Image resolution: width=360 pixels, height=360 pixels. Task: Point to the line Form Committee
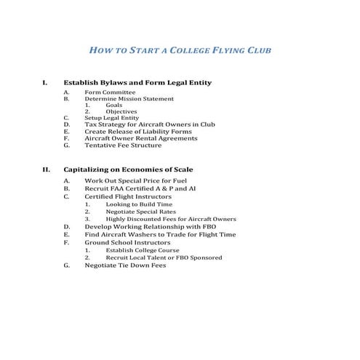point(110,92)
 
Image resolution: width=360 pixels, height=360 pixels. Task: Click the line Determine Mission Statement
point(129,99)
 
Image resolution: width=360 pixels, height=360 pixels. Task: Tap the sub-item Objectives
point(121,111)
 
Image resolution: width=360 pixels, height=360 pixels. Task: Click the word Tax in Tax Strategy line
point(90,124)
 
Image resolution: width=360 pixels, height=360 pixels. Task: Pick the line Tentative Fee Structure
point(123,145)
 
